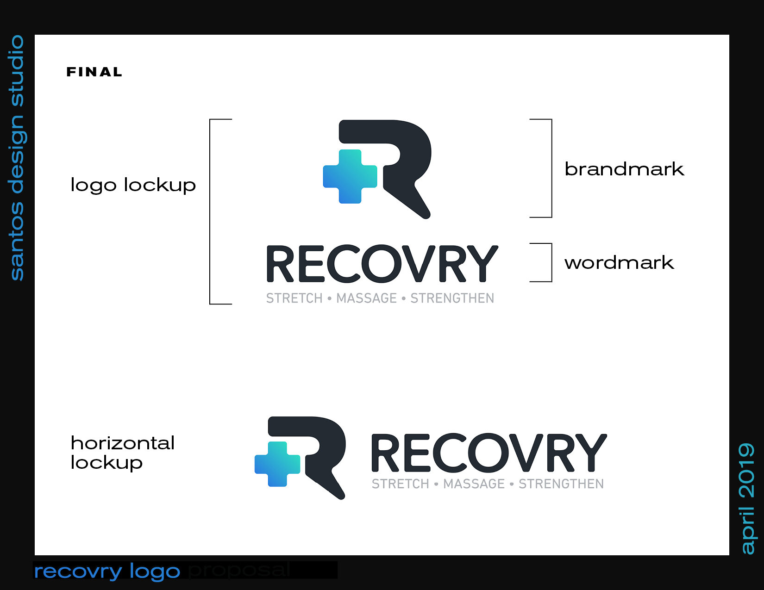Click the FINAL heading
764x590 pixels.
coord(94,72)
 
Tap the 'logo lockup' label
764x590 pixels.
coord(133,185)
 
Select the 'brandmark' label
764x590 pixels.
coord(624,169)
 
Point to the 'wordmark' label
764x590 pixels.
coord(619,263)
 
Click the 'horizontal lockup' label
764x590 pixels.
coord(122,453)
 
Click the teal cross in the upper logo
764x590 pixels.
coord(350,176)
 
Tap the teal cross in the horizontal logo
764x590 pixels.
coord(277,464)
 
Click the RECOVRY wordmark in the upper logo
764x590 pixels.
coord(382,264)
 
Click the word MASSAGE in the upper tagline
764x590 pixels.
coord(367,298)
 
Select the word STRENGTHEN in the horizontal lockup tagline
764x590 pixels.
coord(561,484)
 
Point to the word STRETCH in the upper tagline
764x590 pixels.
coord(294,298)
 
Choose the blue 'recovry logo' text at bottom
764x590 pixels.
coord(107,571)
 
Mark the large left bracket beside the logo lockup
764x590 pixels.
coord(211,211)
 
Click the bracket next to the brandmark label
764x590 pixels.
coord(551,168)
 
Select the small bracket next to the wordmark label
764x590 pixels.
coord(551,262)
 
